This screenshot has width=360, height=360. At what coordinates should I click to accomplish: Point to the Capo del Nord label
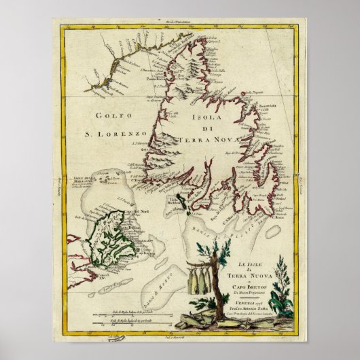pyautogui.click(x=126, y=204)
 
